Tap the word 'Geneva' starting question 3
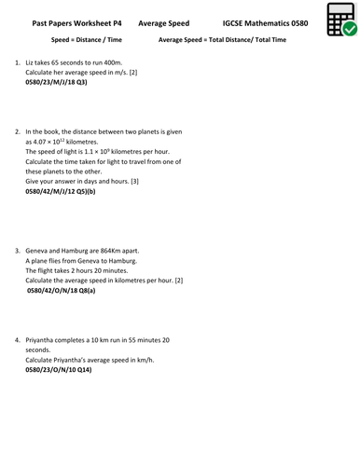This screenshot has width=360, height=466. click(38, 250)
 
